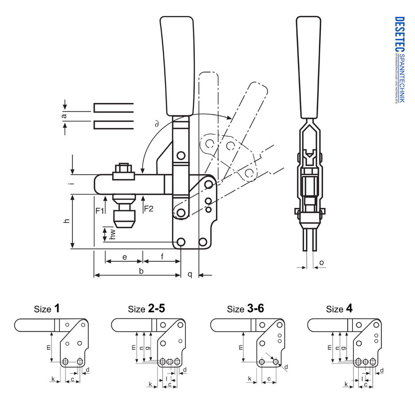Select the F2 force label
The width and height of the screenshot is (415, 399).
point(148,208)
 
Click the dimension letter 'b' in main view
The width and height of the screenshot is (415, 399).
point(141,271)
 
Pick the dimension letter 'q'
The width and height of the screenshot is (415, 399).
point(189,274)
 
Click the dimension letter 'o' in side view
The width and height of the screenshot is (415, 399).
point(321,263)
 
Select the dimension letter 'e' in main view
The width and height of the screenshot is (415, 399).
point(125,257)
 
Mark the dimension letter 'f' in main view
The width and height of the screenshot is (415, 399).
point(162,257)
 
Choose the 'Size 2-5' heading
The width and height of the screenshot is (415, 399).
point(146,309)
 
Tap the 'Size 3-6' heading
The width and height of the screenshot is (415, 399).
point(245,309)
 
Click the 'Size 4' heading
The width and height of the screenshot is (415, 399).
point(339,309)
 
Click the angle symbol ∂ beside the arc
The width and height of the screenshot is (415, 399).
point(157,125)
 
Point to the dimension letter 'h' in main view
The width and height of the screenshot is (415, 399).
point(67,221)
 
